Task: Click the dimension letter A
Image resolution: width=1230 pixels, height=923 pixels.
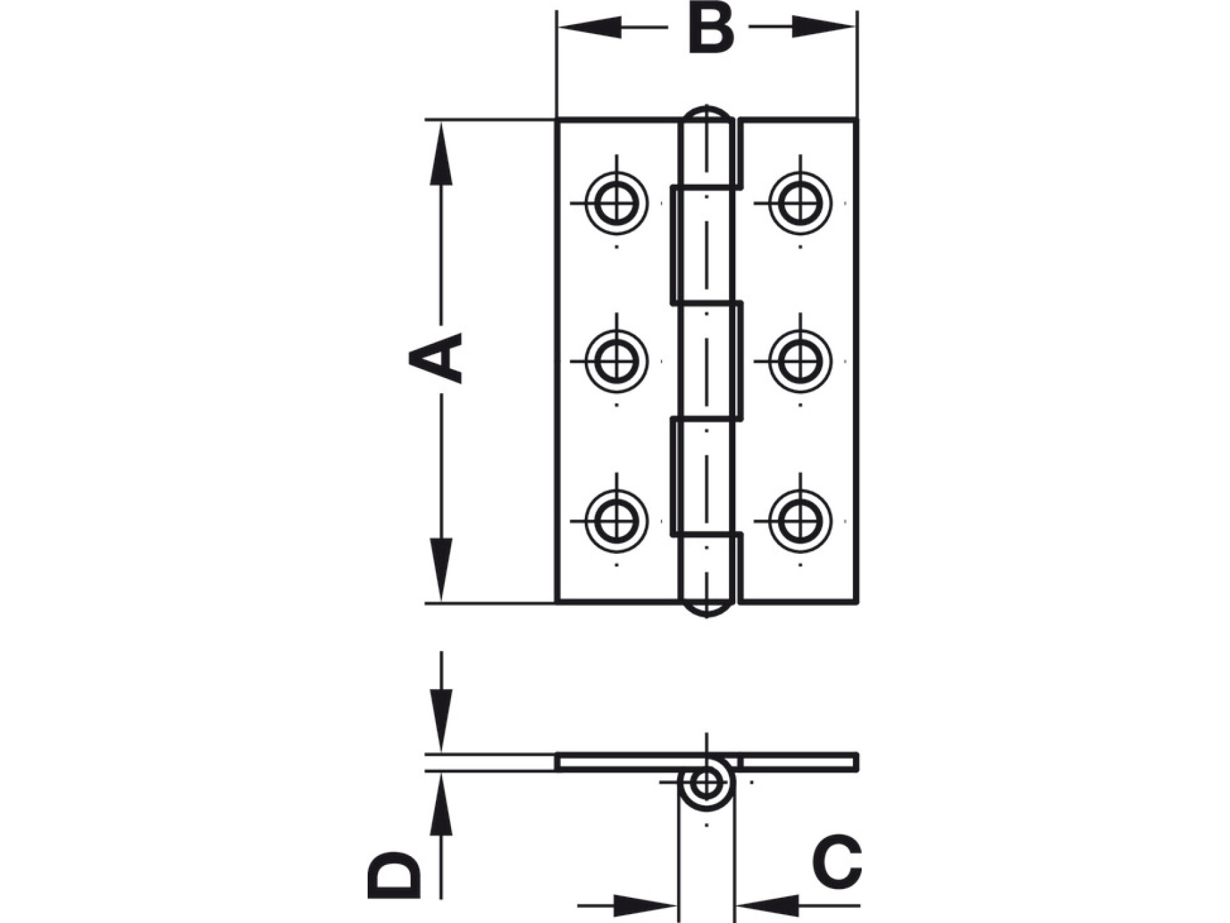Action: [435, 358]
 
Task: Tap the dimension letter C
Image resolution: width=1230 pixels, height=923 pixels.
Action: [836, 862]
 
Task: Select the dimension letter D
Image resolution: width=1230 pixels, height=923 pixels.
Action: [393, 874]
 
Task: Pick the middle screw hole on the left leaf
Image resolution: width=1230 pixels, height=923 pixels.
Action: [616, 361]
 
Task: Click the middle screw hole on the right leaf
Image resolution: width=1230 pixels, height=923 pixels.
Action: [800, 361]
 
